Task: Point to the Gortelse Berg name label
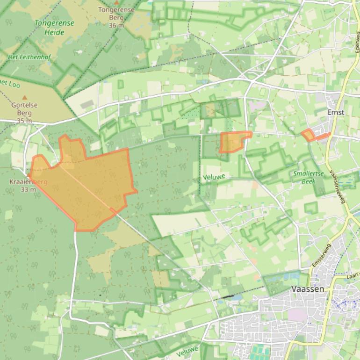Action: [x=24, y=108]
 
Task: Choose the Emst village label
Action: [x=336, y=112]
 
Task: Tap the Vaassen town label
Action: [x=308, y=289]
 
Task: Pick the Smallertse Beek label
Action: [x=309, y=177]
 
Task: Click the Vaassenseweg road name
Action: [x=337, y=186]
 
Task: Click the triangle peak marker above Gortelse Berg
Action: [x=25, y=97]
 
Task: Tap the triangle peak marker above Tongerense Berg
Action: [x=116, y=2]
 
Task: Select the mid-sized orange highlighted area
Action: [x=232, y=142]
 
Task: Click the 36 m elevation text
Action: [x=116, y=25]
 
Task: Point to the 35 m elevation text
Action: [x=24, y=121]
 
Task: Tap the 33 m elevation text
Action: [x=28, y=189]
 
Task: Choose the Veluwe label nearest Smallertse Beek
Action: [x=215, y=177]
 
